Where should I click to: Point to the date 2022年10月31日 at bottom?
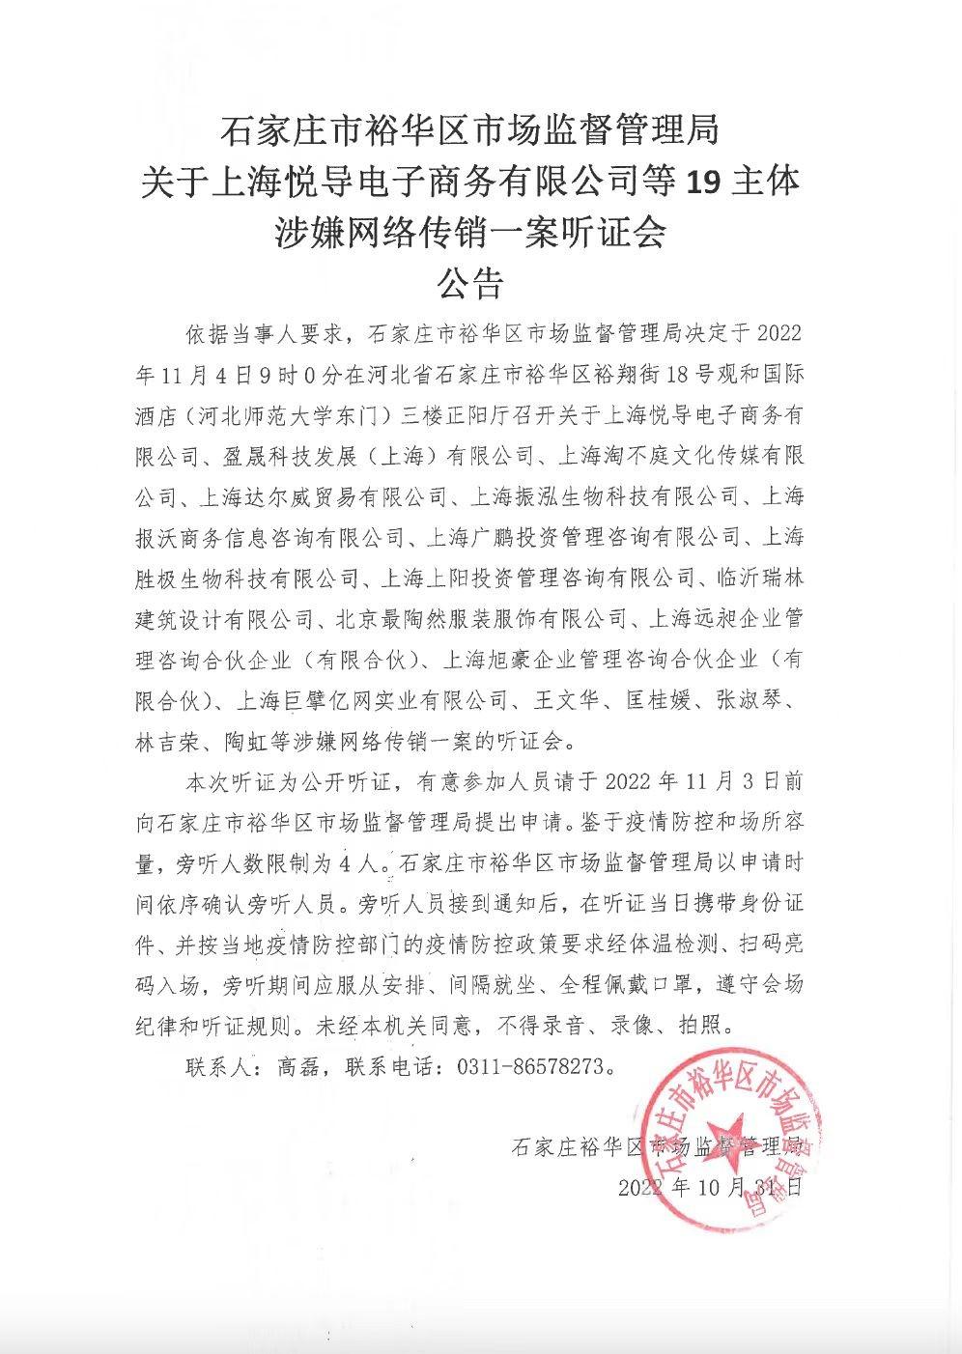click(709, 1187)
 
